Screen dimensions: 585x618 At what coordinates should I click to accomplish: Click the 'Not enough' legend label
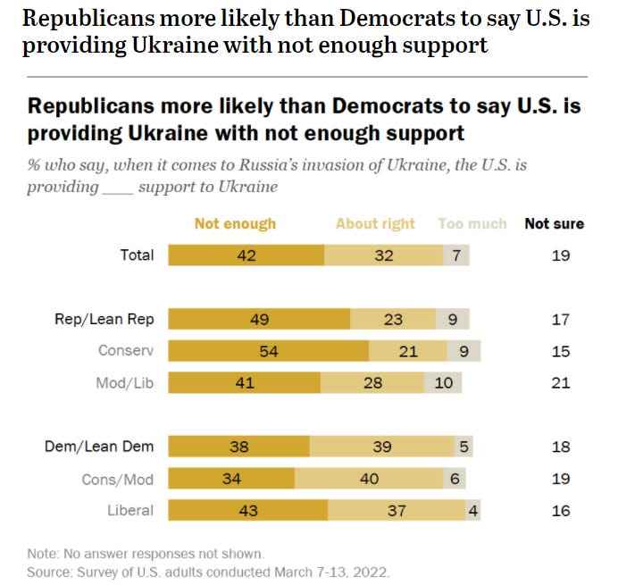235,223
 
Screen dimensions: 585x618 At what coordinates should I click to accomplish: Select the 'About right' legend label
375,223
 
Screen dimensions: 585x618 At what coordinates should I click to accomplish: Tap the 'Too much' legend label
472,223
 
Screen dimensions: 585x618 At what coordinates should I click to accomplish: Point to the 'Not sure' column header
554,223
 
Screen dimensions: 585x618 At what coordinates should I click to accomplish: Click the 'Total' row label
137,255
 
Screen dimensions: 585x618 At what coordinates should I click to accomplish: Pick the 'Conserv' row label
126,351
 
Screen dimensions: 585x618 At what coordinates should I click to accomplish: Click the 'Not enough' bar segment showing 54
268,351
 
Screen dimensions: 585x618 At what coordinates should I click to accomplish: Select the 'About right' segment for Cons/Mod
368,479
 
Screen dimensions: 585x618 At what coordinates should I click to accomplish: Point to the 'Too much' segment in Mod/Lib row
444,383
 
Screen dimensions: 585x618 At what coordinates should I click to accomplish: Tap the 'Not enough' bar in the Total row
246,255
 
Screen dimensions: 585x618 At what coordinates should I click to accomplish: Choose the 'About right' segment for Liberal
396,511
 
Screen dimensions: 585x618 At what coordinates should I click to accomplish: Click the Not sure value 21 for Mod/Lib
561,383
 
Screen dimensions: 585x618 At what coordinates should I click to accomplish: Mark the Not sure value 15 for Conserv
561,351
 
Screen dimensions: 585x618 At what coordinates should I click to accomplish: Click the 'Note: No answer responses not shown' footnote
145,553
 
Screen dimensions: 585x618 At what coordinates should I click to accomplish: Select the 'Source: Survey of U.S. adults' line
209,570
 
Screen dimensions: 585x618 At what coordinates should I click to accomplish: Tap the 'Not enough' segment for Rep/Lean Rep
259,320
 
